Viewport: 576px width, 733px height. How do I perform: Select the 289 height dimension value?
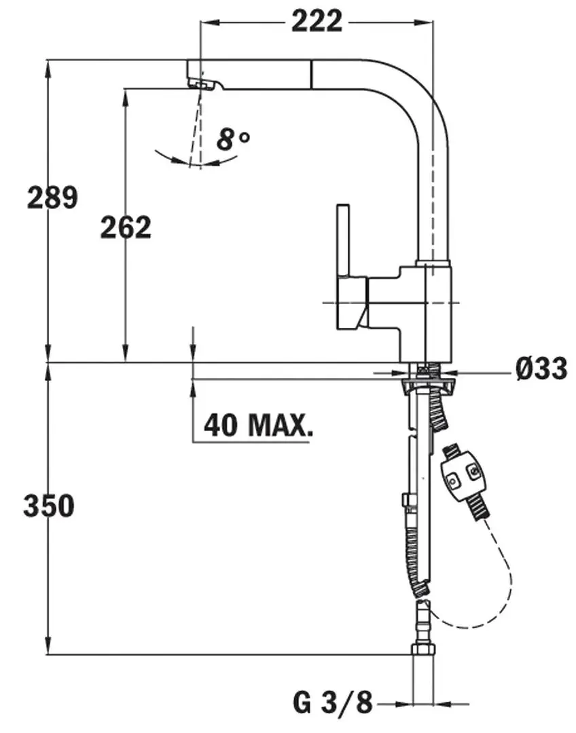click(x=52, y=198)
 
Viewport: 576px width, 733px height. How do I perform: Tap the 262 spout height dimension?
click(x=126, y=227)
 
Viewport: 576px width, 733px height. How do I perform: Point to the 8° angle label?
click(x=233, y=140)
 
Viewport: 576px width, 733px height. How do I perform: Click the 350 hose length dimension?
click(x=48, y=506)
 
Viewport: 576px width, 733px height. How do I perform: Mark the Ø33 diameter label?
click(x=541, y=369)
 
